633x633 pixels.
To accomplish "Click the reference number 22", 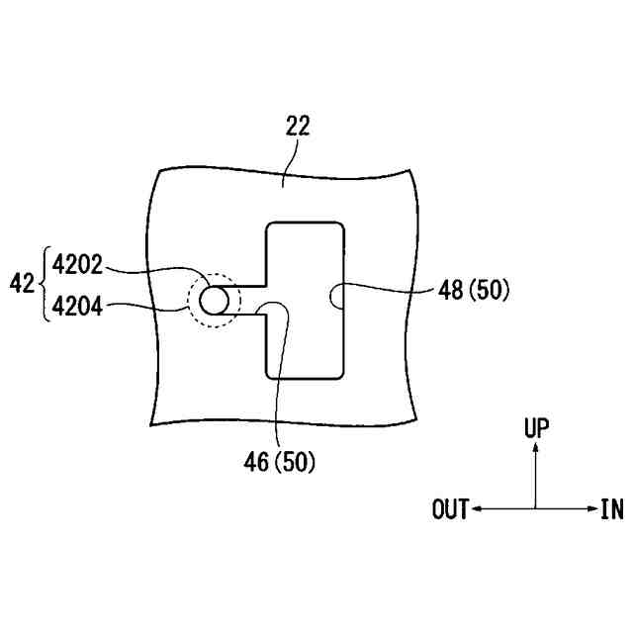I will coord(297,126).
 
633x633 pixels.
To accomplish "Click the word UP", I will coord(535,427).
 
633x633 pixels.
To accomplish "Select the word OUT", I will coord(450,509).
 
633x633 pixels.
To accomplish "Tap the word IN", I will coord(611,509).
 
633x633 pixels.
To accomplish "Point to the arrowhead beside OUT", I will coord(476,509).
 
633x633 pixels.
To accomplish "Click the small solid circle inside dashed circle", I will coord(213,300).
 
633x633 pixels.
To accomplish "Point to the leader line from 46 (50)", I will coord(279,376).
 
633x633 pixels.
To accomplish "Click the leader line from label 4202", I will coord(158,268).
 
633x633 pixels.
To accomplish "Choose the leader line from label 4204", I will coord(148,307).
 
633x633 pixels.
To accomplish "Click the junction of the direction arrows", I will coord(535,509).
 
